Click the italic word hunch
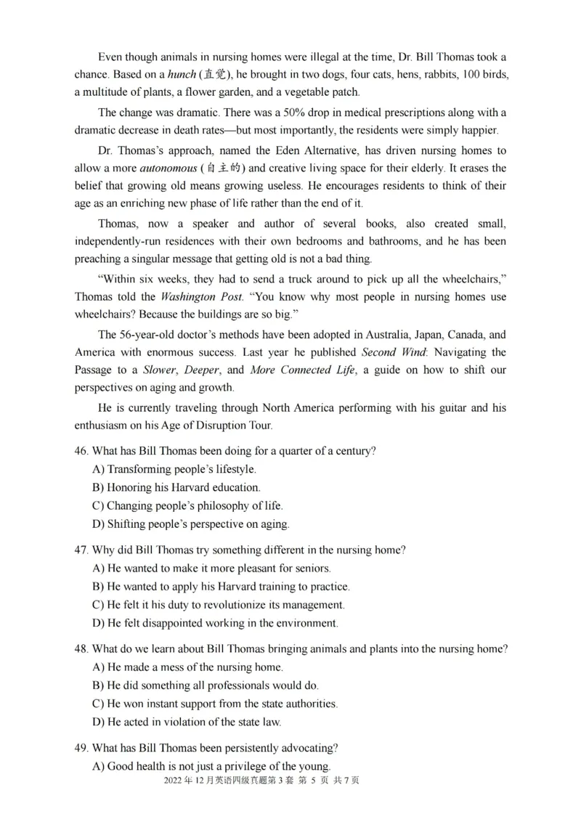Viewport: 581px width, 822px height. pos(182,75)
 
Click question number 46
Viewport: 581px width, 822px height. pos(81,451)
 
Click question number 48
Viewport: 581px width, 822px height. pos(81,648)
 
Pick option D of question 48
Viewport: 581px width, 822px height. pos(187,722)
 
